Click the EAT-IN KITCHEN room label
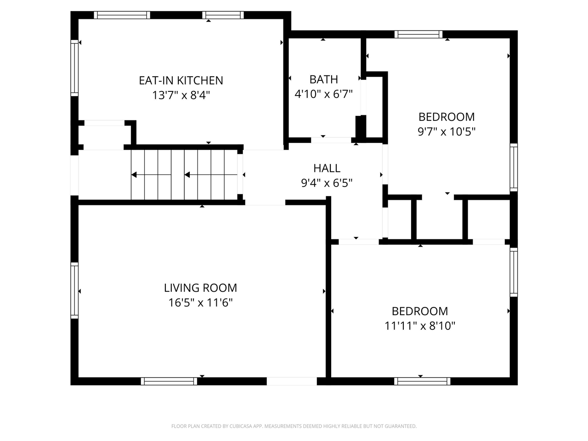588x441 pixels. tap(181, 80)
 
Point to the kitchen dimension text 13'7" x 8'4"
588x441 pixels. tap(181, 96)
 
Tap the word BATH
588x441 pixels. tap(323, 79)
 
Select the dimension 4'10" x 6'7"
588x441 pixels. tap(323, 94)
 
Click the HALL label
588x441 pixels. tap(327, 168)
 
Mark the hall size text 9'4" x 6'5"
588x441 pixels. tap(327, 183)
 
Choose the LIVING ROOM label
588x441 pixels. tap(200, 288)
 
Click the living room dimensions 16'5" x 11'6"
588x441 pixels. tap(200, 303)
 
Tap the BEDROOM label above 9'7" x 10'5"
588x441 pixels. tap(446, 117)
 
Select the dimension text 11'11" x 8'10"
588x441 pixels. tap(420, 326)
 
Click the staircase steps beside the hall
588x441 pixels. tap(184, 175)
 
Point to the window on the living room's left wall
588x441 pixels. tap(74, 290)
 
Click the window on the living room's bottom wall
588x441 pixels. tap(169, 381)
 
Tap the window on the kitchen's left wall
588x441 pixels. tap(74, 68)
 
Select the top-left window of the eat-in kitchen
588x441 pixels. tap(122, 15)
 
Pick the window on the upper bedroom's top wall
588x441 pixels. tap(418, 34)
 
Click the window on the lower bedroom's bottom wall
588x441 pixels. tap(422, 381)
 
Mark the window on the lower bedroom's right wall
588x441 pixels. tap(514, 272)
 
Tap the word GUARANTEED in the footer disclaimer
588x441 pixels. tap(400, 426)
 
